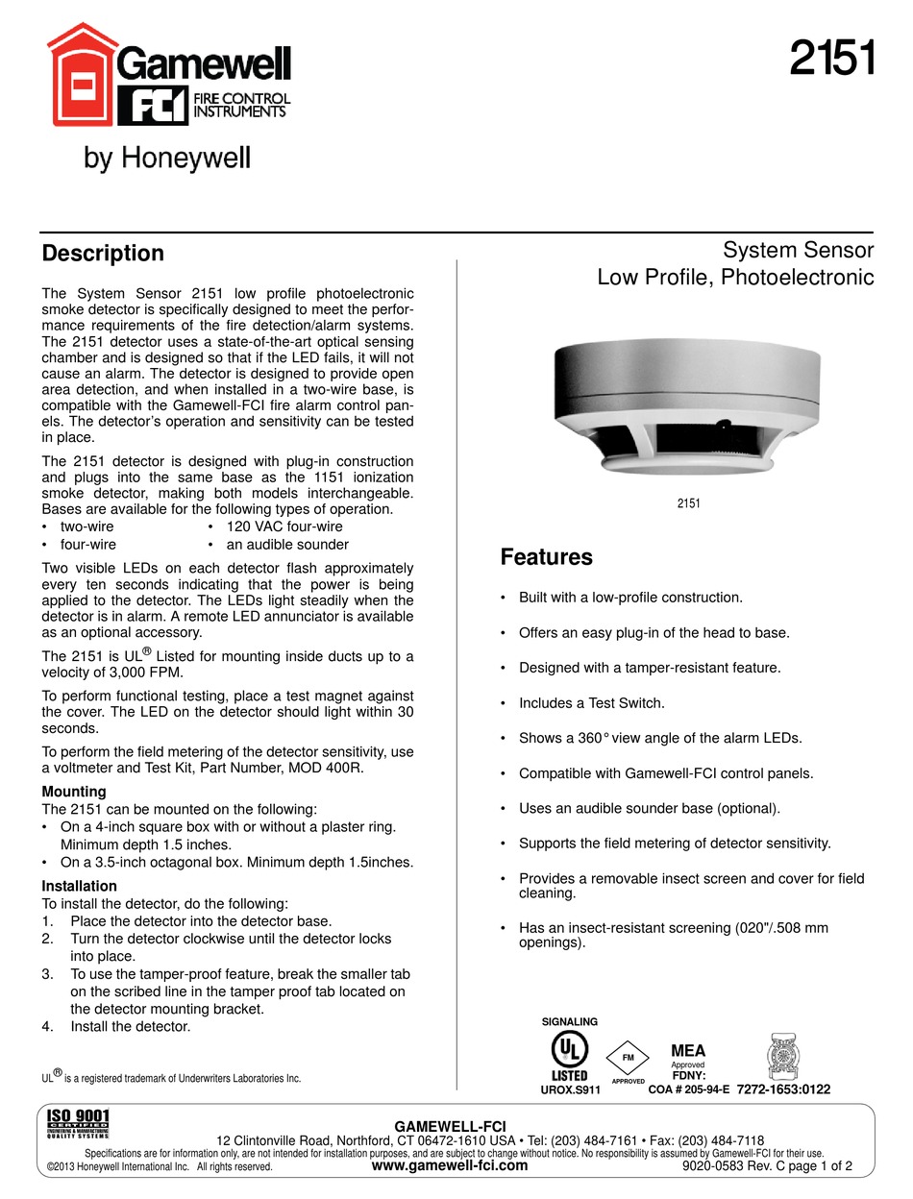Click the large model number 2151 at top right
pos(831,61)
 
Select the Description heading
pos(103,254)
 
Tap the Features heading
pos(546,557)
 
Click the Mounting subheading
pos(74,792)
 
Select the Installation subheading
pos(80,886)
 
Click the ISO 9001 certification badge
pos(79,1124)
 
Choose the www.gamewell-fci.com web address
pos(450,1166)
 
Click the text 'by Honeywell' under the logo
pos(167,159)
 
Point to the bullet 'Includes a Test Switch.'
pos(591,703)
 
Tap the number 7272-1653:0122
pos(783,1089)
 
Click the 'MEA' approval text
pos(687,1051)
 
